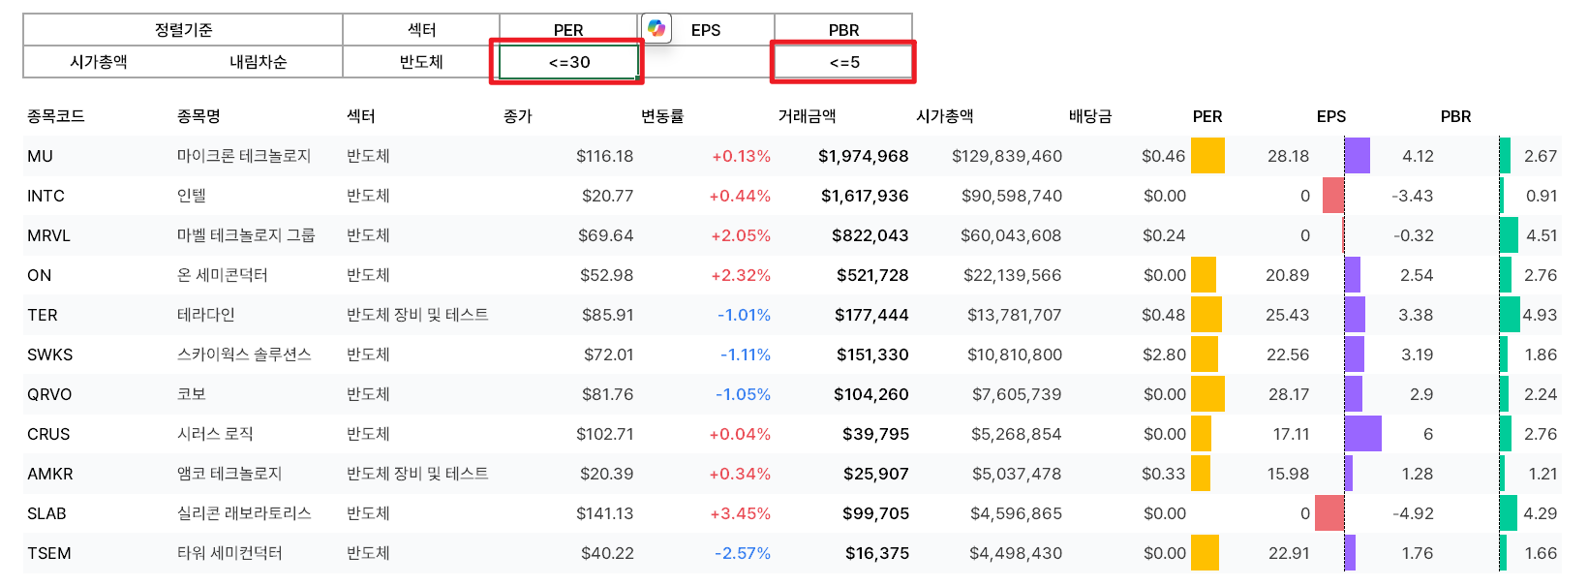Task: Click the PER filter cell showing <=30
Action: point(568,62)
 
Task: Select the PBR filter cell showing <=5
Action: point(843,62)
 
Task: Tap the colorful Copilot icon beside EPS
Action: point(657,28)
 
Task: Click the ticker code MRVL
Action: point(48,235)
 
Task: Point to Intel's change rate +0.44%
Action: point(740,196)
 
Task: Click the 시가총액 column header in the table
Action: point(944,116)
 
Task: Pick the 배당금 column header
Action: point(1089,116)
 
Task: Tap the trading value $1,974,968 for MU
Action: point(863,156)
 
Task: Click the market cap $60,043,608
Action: point(1010,235)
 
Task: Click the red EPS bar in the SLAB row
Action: point(1329,513)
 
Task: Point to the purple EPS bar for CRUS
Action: point(1362,434)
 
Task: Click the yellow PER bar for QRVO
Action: point(1207,394)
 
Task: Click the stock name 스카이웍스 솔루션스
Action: point(244,355)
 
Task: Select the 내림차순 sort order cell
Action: point(258,62)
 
